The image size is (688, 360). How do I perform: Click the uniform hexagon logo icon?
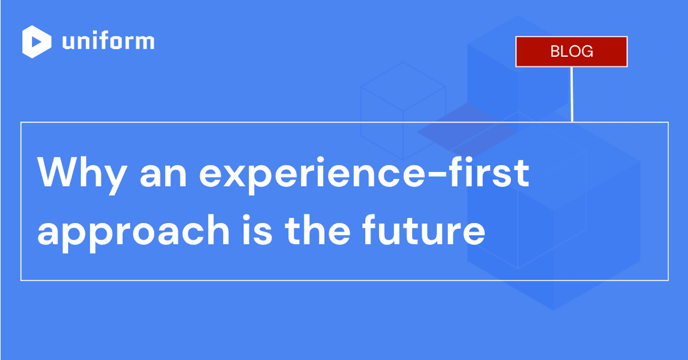tap(37, 42)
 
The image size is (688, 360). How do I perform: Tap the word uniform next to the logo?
tap(108, 42)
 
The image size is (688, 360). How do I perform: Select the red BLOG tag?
tap(571, 52)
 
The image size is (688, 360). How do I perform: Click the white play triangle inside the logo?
tap(38, 42)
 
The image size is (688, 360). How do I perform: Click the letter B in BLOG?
tap(555, 52)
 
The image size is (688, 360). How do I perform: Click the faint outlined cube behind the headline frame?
tap(402, 102)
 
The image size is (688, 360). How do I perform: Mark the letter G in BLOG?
tap(587, 52)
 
